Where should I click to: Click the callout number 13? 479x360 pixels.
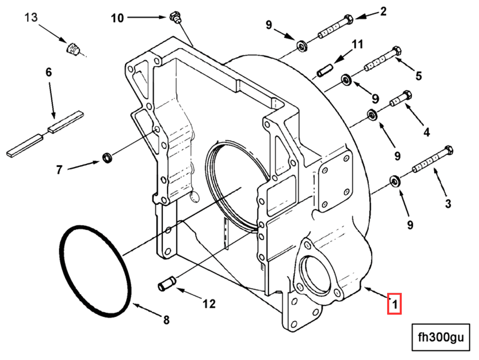pos(31,18)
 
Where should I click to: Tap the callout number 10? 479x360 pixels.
pos(117,19)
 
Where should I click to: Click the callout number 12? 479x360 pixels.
pos(209,304)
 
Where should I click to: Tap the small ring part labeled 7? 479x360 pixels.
pos(107,158)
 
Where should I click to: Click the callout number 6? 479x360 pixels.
pos(49,72)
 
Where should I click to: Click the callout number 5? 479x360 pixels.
pos(418,76)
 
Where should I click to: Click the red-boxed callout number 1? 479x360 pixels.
pos(394,304)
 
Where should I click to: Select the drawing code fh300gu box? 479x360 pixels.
pos(441,337)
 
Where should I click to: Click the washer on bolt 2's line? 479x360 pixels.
pos(302,46)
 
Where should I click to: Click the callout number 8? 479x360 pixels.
pos(166,320)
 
